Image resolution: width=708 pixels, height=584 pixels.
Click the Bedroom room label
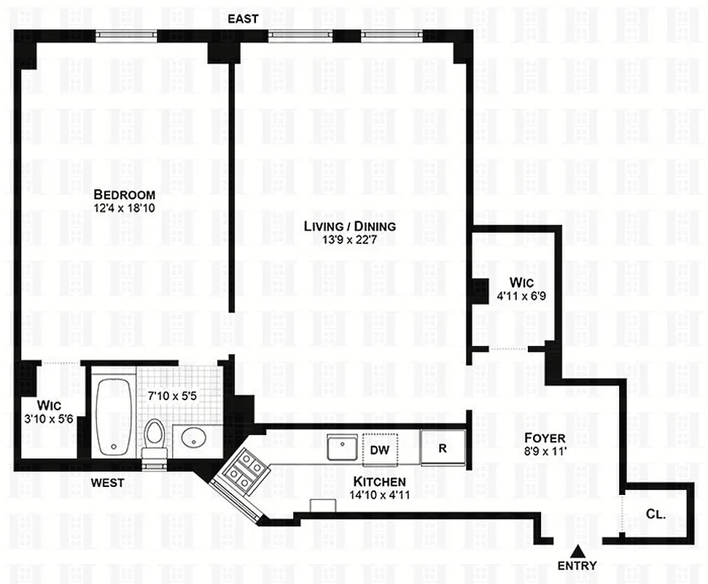125,195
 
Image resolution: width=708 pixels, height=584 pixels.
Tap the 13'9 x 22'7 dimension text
350,240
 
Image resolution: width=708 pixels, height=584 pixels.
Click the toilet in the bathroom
154,437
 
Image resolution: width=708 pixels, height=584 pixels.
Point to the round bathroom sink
194,439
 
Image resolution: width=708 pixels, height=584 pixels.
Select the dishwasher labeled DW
379,450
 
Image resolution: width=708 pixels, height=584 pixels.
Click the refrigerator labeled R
443,448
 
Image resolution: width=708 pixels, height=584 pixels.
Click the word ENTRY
577,565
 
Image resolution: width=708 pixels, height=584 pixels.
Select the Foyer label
545,438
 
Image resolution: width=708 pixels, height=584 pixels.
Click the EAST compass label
243,19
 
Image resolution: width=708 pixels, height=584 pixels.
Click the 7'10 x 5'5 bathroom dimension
172,395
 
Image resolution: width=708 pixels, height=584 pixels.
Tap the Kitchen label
379,482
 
